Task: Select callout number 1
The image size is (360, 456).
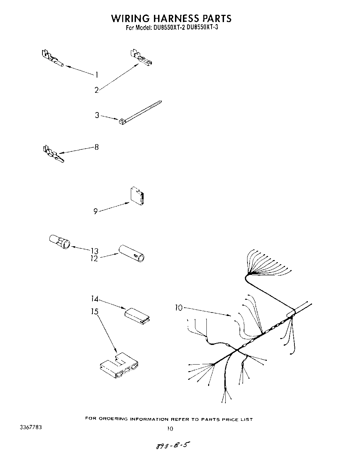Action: (x=97, y=75)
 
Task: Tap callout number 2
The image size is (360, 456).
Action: (x=97, y=90)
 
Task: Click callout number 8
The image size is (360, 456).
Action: (x=97, y=147)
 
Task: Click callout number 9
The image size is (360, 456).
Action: (x=96, y=211)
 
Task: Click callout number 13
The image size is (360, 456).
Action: (x=95, y=251)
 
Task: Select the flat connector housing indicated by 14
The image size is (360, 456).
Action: (x=137, y=314)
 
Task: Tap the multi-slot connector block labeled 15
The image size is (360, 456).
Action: (x=119, y=366)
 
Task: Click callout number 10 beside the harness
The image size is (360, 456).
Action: (x=178, y=308)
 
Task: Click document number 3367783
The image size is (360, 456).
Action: (x=31, y=427)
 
